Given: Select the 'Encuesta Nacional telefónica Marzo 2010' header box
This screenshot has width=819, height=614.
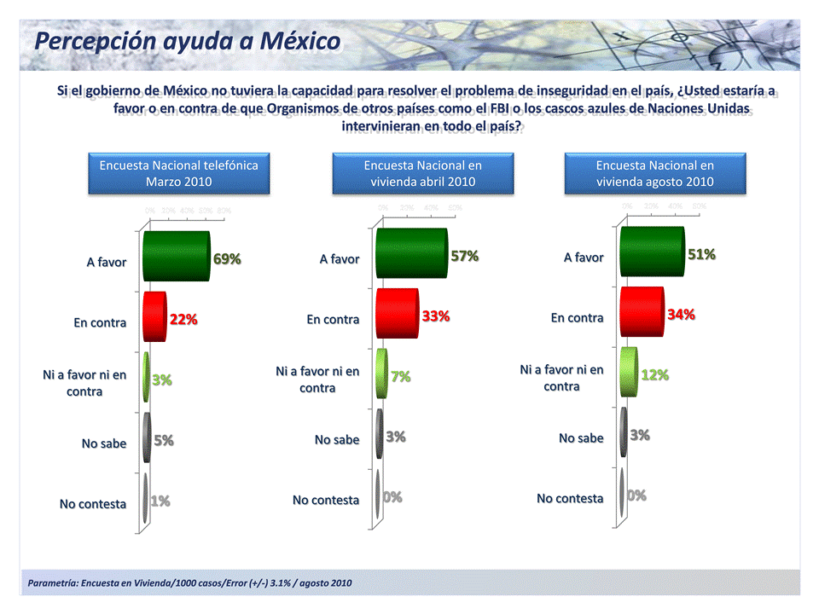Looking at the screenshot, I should (x=178, y=173).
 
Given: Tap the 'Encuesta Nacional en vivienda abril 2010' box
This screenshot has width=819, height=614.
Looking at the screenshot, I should (x=422, y=173).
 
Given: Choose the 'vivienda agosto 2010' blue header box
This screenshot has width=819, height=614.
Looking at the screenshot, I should (x=654, y=173).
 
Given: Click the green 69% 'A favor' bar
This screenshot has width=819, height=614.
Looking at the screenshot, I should (x=176, y=256).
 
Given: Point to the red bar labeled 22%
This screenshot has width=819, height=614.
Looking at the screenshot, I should (x=154, y=316).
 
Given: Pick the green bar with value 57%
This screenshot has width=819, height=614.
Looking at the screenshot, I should (x=410, y=253).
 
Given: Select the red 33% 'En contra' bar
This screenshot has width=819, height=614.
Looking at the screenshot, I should (x=397, y=314).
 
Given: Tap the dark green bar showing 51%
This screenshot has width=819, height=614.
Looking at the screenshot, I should (x=652, y=252).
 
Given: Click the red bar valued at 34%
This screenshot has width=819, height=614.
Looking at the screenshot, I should (x=642, y=312).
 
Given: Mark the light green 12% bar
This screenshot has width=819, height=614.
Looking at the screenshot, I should (x=629, y=372).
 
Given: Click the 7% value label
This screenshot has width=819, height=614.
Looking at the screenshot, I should (x=400, y=376).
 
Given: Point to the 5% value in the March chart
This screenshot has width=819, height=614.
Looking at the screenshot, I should (x=164, y=440).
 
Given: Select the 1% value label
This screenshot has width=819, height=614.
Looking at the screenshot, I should (x=160, y=501).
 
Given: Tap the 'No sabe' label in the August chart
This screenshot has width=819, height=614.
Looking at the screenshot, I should (x=581, y=437).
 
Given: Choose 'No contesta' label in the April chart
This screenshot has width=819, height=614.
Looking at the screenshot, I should (x=326, y=500).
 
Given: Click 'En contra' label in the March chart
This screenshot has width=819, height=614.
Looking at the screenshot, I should (x=100, y=322).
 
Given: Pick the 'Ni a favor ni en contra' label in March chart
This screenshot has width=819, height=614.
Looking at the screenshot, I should (x=84, y=383).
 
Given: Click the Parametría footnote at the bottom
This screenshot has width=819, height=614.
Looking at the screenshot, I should (x=189, y=583).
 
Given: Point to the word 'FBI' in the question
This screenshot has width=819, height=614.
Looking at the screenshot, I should (x=500, y=109).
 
